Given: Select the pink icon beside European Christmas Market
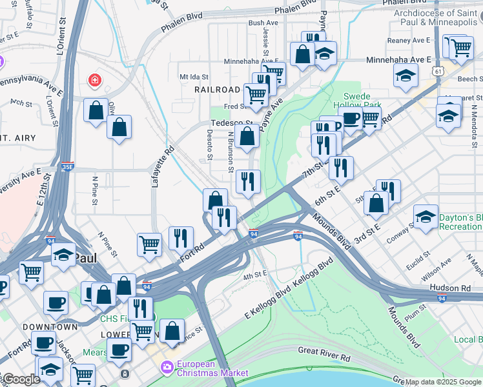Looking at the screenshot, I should pos(167,368).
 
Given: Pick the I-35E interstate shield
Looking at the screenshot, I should pos(68,166).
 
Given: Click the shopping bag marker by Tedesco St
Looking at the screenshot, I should pos(247,136).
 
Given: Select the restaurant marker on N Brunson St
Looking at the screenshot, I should pos(247,183).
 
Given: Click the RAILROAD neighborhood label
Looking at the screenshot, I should pos(218,90).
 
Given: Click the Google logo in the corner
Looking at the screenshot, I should pos(21,380).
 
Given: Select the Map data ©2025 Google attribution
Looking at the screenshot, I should pos(443,382).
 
